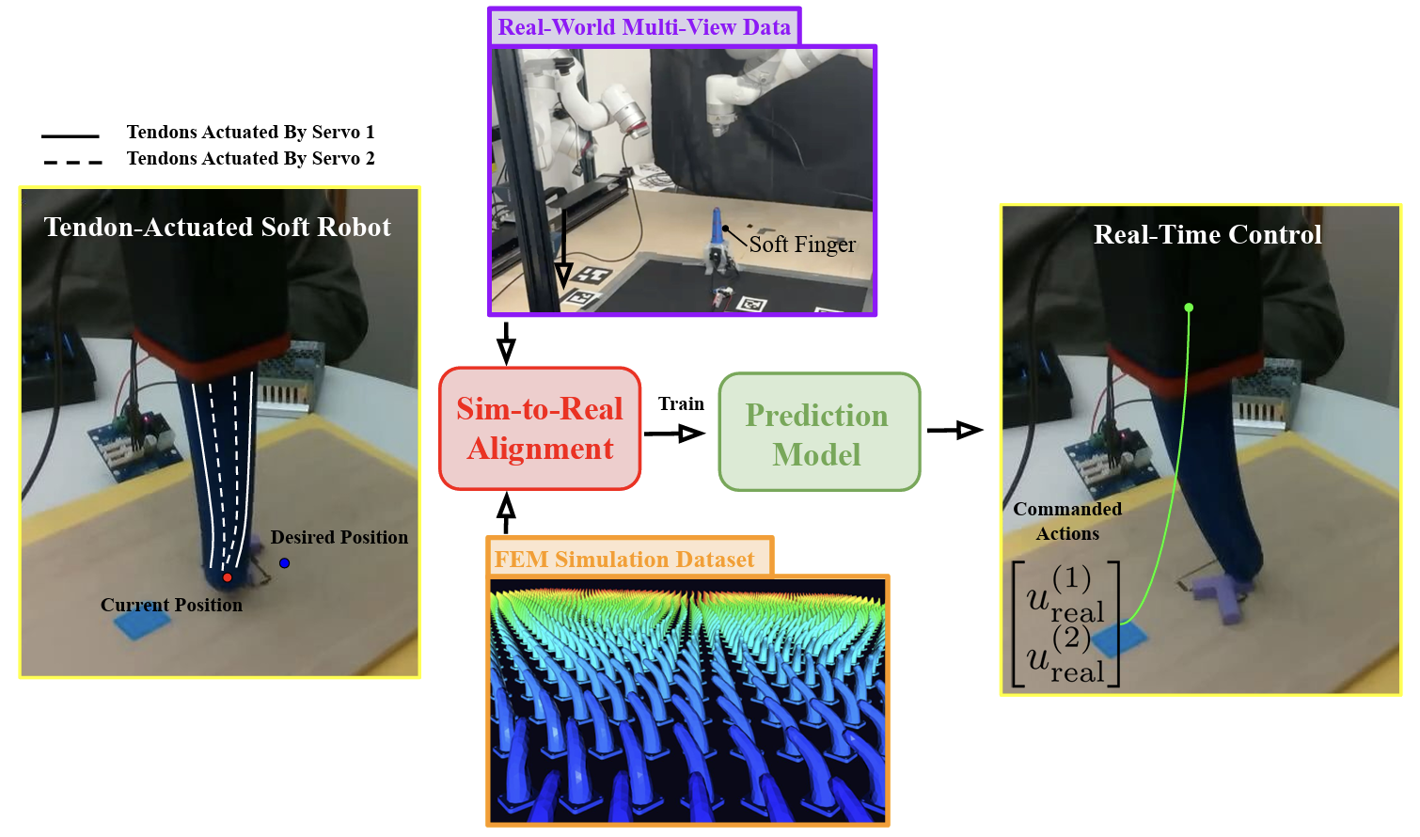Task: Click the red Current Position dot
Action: click(227, 577)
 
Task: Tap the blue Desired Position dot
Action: click(285, 563)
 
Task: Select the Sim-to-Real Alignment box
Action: click(540, 429)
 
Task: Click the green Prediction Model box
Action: click(819, 432)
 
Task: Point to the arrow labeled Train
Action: click(674, 434)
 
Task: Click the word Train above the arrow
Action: click(681, 403)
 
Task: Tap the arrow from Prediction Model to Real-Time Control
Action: click(955, 431)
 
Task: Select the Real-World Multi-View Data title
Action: click(644, 27)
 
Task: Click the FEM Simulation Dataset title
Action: click(623, 560)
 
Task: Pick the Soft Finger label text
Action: click(802, 245)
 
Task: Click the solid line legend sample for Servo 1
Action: click(71, 135)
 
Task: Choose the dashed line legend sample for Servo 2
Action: click(72, 163)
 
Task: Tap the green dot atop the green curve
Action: click(1189, 308)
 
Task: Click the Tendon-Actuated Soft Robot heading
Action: click(217, 227)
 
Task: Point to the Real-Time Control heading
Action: click(1207, 234)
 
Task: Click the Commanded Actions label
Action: click(1067, 521)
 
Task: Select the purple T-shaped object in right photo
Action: click(1221, 596)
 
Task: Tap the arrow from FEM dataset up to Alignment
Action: click(506, 513)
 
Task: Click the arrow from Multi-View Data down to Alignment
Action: click(506, 343)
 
